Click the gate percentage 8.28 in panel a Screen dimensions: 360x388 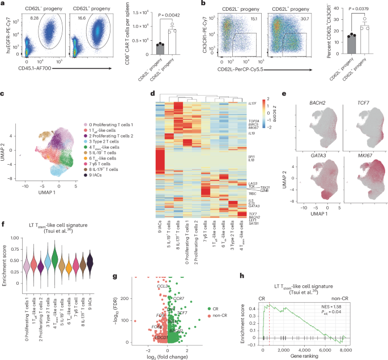click(33, 20)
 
